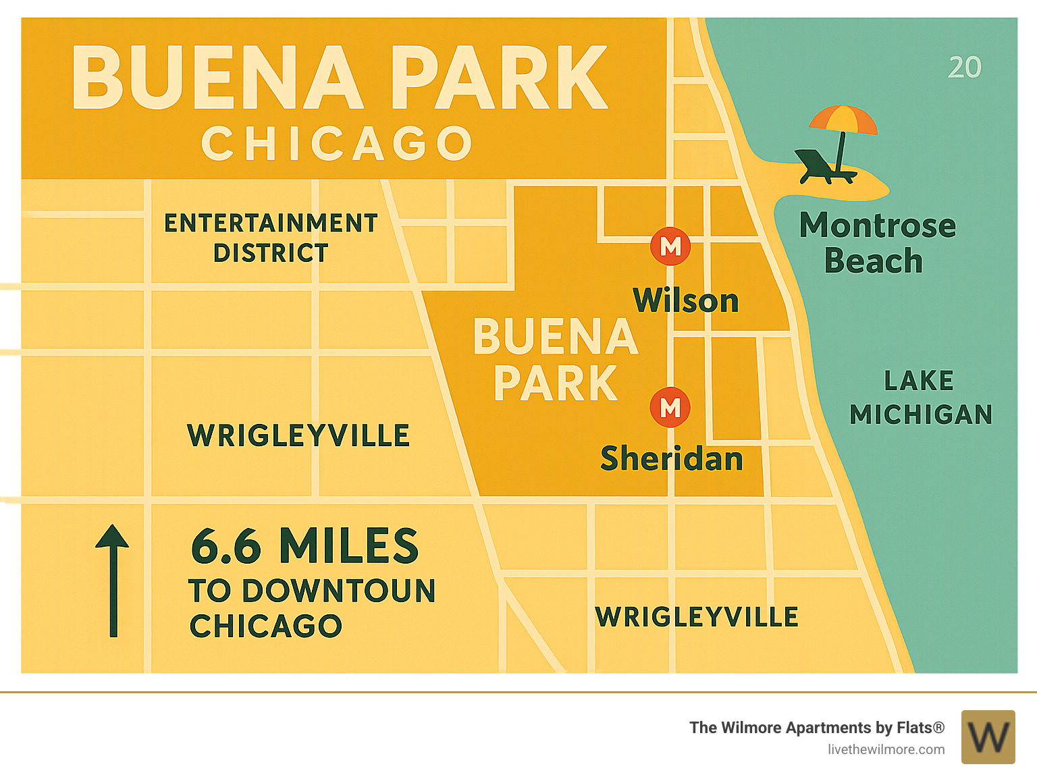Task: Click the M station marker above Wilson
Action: click(x=670, y=246)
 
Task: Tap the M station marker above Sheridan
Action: click(x=670, y=407)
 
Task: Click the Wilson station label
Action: click(x=685, y=300)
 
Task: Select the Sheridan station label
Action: click(x=672, y=458)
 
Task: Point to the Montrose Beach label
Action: click(x=876, y=243)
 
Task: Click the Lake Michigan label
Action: click(x=920, y=398)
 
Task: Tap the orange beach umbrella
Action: click(x=843, y=120)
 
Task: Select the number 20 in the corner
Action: click(x=964, y=68)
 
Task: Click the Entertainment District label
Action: click(x=271, y=238)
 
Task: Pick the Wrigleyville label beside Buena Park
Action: click(x=298, y=435)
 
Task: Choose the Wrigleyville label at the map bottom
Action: click(x=697, y=617)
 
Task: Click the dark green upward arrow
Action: click(x=113, y=581)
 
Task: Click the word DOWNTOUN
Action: click(x=339, y=591)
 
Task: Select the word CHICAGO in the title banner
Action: click(x=337, y=143)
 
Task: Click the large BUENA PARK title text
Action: click(x=340, y=78)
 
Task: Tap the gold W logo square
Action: click(x=988, y=736)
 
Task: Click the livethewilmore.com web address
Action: click(x=886, y=749)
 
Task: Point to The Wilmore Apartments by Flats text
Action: click(x=816, y=728)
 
